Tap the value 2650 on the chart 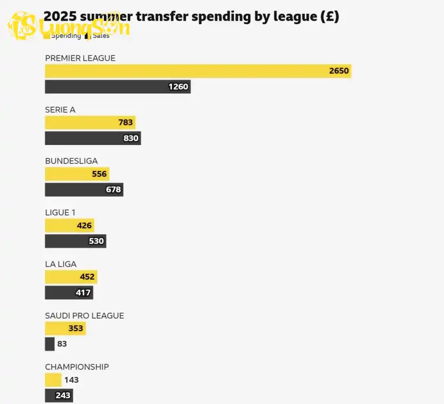(x=339, y=71)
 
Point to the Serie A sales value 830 (x=131, y=138)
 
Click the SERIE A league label (x=60, y=110)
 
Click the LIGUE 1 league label (x=60, y=212)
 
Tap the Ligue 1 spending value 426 (x=84, y=226)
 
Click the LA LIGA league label (x=61, y=264)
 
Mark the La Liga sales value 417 (x=83, y=293)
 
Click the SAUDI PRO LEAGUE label (x=84, y=315)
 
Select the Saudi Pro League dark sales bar (x=50, y=344)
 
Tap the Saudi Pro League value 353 (x=75, y=329)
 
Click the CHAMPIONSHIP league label (x=77, y=367)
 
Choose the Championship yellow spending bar (x=53, y=380)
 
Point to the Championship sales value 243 (x=63, y=396)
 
